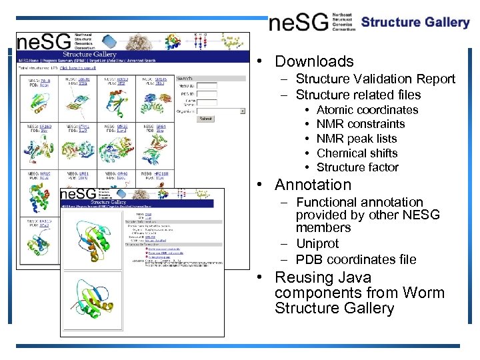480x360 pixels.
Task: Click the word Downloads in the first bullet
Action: pos(314,61)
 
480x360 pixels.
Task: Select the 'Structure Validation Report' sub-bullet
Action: pos(375,79)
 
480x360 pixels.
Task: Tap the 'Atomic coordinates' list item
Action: pos(367,110)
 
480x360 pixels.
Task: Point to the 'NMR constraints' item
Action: pos(360,124)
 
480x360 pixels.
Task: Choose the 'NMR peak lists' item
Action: pos(356,139)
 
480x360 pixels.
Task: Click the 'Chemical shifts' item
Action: pos(357,153)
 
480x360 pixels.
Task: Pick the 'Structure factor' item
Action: pos(357,167)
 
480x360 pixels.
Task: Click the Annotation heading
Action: pos(313,185)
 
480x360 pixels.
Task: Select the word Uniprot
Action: pos(317,244)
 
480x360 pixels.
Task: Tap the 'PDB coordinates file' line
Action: pos(356,259)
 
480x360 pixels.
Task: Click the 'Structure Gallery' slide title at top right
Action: pos(415,22)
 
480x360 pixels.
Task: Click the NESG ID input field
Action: pos(207,86)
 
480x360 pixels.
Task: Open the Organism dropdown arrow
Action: pos(242,111)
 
